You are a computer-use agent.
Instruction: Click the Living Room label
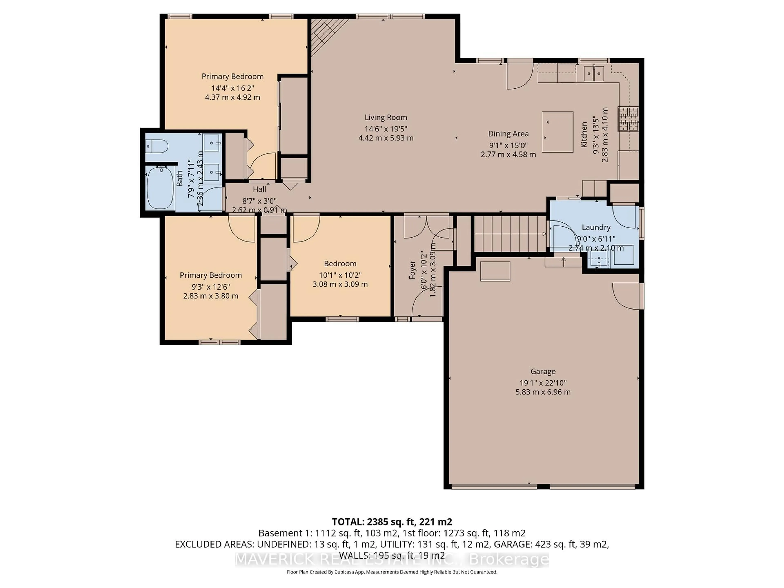coord(386,117)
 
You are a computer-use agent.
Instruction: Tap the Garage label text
coord(543,371)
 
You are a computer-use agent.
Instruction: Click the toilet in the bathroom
coord(157,146)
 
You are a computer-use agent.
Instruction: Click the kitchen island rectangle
coord(557,132)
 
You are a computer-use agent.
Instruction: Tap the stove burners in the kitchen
coord(628,119)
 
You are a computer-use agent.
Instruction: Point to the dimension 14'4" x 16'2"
coord(233,88)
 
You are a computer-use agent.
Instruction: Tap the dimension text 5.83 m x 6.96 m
coord(543,392)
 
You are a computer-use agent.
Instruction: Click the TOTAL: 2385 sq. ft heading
coord(392,522)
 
